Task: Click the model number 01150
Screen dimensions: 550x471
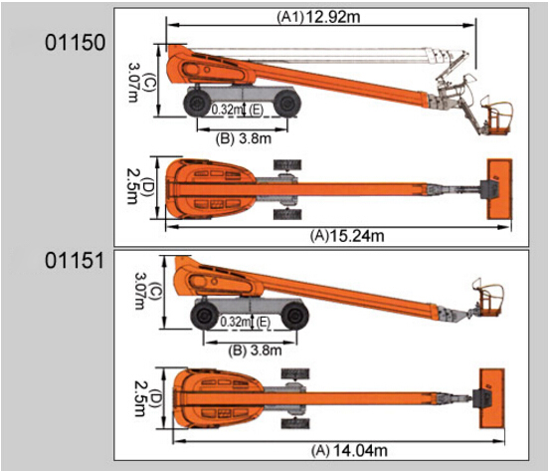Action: tap(75, 43)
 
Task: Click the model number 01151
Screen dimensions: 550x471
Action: tap(75, 261)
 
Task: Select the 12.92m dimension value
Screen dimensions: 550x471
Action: tap(333, 17)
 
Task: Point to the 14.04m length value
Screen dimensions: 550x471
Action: tap(360, 450)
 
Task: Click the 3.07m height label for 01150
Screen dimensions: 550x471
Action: tap(133, 83)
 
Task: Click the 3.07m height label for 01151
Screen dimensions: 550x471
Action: tap(140, 291)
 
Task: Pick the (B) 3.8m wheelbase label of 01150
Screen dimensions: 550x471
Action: tap(244, 138)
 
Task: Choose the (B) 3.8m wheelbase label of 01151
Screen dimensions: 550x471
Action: tap(255, 351)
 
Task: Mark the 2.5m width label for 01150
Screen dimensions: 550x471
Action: tap(132, 186)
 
